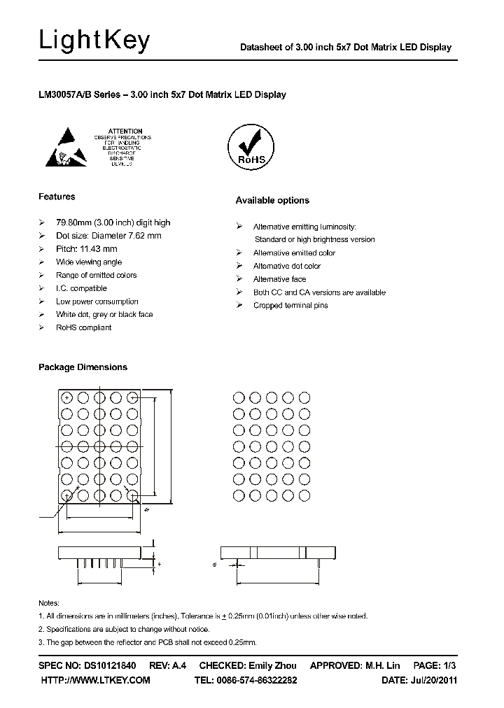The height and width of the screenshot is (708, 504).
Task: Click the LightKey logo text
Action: click(94, 42)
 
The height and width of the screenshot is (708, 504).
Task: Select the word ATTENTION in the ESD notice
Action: click(126, 131)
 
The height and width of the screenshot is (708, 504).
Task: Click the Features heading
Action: click(57, 197)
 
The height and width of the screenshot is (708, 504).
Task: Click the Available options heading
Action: click(272, 200)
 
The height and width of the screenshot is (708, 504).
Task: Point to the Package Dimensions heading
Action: click(83, 367)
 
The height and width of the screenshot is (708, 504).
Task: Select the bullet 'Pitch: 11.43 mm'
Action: click(86, 249)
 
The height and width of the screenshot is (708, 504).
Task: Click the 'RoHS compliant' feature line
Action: click(83, 327)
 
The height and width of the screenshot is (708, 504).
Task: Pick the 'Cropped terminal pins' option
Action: click(290, 306)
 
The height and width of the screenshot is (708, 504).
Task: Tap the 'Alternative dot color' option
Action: click(286, 266)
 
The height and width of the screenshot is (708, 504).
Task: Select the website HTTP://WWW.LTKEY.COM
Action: click(96, 680)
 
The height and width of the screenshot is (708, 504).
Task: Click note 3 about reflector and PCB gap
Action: click(147, 642)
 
